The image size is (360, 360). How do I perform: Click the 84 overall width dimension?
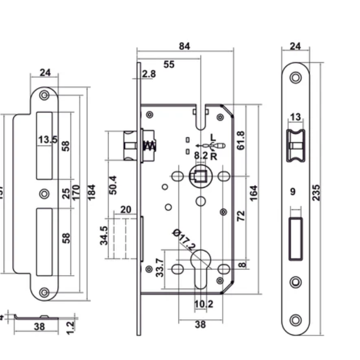click(184, 46)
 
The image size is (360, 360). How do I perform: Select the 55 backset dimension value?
click(169, 64)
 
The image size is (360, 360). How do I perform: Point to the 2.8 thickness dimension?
click(149, 74)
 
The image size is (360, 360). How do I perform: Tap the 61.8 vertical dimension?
click(241, 140)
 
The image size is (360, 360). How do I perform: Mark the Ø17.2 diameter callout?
click(184, 240)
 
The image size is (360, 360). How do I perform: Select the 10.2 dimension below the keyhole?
click(203, 304)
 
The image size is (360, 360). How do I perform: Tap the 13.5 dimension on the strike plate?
click(46, 139)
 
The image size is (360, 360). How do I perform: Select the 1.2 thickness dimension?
click(71, 324)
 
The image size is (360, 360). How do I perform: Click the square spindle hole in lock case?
click(200, 176)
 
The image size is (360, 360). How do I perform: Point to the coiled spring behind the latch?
click(150, 146)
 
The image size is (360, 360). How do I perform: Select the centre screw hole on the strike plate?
click(44, 193)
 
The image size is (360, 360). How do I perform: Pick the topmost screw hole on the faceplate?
click(295, 78)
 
